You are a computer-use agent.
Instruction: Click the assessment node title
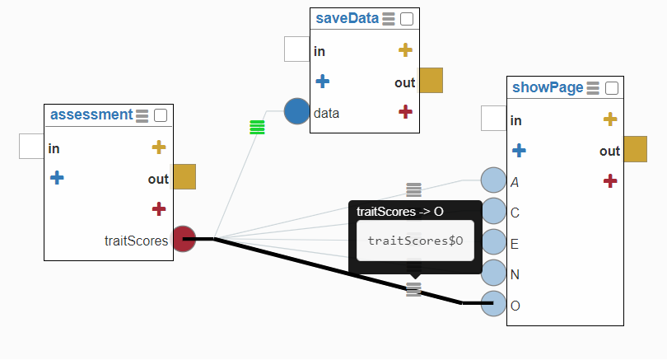pos(91,115)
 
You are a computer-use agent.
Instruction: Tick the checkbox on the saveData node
pos(407,18)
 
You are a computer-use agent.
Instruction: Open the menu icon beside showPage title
pos(593,87)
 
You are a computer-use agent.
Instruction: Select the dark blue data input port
pos(296,111)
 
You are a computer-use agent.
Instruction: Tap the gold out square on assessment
pos(184,176)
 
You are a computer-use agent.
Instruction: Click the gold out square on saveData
pos(431,80)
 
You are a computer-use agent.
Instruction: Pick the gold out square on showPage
pos(635,149)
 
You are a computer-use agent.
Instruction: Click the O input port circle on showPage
pos(492,304)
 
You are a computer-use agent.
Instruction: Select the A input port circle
pos(492,180)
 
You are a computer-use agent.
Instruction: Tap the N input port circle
pos(492,273)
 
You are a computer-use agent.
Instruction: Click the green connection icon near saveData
pos(257,127)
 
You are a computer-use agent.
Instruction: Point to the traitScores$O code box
pos(415,241)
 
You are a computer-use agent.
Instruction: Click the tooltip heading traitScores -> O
pos(400,212)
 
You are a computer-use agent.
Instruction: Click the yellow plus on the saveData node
pos(404,50)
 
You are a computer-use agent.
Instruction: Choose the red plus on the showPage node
pos(609,180)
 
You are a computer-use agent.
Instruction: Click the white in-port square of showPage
pos(492,118)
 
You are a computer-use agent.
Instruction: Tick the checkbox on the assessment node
pos(161,115)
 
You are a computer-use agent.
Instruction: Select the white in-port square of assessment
pos(31,146)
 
